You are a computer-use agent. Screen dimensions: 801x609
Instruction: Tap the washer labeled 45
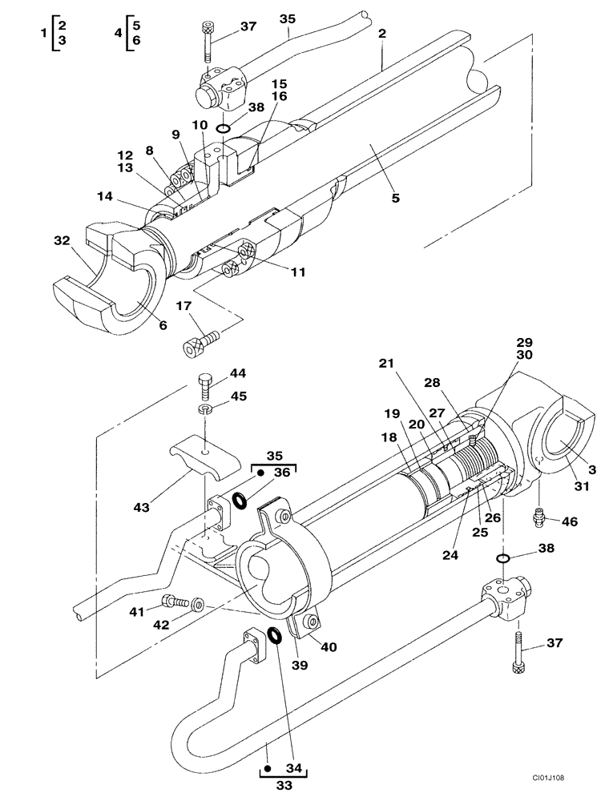click(x=205, y=410)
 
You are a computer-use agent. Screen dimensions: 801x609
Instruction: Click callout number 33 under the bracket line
click(x=284, y=787)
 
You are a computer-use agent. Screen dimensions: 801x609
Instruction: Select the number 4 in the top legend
click(x=118, y=34)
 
